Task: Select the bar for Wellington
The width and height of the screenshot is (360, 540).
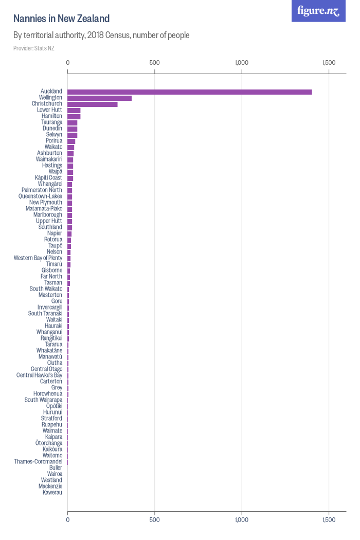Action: [x=99, y=98]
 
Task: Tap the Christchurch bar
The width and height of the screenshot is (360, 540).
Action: [x=93, y=104]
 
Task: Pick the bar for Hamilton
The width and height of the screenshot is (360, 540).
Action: [x=74, y=116]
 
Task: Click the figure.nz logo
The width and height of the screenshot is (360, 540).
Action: [x=318, y=11]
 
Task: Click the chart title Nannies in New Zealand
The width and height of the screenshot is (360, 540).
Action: [x=61, y=19]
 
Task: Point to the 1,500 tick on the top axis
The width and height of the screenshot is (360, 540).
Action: [x=329, y=63]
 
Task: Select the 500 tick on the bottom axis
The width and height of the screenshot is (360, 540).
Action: [x=154, y=520]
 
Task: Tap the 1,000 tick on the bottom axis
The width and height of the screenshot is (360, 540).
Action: [x=241, y=520]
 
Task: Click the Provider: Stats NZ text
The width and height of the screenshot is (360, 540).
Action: [x=34, y=48]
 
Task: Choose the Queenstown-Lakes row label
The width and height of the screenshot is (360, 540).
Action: [x=40, y=196]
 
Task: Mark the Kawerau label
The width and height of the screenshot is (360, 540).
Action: [x=52, y=493]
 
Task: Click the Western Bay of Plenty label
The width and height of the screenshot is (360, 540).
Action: [x=38, y=258]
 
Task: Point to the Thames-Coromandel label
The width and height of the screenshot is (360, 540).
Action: [x=38, y=462]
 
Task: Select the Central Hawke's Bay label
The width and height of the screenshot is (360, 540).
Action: [x=39, y=375]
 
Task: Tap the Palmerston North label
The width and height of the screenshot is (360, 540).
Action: [x=42, y=190]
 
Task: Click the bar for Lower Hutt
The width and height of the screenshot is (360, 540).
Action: [x=74, y=110]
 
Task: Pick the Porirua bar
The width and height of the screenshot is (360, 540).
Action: [x=71, y=141]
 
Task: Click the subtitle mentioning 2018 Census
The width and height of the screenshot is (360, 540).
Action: [x=101, y=35]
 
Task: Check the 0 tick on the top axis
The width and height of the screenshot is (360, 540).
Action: [x=68, y=63]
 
